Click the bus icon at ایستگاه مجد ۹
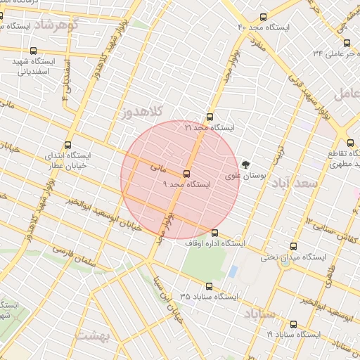coord(186,174)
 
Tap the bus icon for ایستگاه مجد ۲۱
coord(210,118)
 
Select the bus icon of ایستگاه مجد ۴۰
coord(263,17)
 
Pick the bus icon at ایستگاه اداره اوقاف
coord(215,233)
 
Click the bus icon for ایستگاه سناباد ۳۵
coord(209,286)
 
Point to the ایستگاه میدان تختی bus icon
coord(293,247)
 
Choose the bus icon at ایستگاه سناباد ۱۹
coord(293,325)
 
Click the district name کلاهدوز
coord(142,112)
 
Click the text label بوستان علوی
coord(239,175)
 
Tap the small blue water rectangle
coord(233,271)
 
